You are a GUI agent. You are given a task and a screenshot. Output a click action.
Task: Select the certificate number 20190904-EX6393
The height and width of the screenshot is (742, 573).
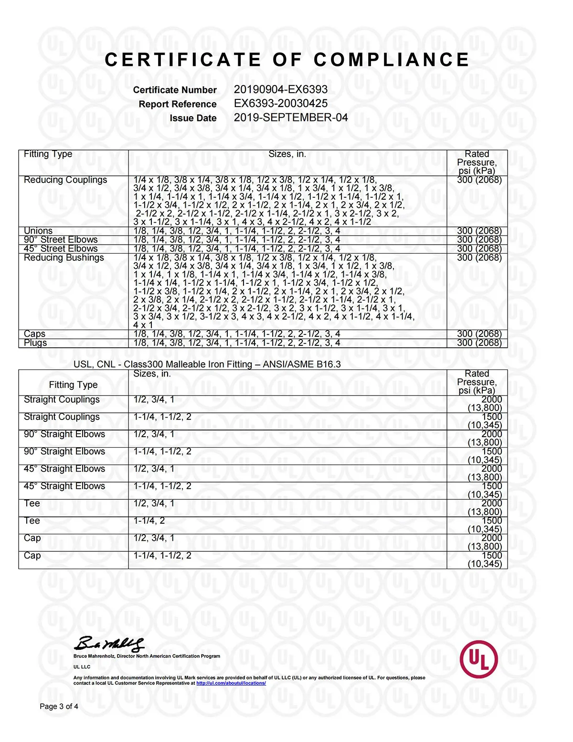[280, 89]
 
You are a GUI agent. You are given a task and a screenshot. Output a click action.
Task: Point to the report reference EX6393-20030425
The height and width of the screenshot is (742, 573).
[280, 103]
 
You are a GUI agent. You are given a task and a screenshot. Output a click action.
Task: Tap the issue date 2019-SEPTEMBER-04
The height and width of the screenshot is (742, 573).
[290, 118]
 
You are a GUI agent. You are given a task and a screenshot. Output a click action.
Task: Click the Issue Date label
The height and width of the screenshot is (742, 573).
[193, 118]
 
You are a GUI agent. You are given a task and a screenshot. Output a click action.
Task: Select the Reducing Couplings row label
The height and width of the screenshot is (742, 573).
[65, 180]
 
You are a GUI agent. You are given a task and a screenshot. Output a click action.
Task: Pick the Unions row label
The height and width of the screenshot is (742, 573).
[38, 231]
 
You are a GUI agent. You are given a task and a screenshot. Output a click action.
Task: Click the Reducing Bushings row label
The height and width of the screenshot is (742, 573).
[64, 258]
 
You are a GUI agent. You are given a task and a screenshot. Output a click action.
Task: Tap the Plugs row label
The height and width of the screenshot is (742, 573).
[35, 343]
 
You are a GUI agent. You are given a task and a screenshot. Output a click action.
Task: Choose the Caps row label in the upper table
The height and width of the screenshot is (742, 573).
[34, 333]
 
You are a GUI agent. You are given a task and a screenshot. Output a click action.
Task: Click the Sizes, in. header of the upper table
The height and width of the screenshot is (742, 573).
[287, 154]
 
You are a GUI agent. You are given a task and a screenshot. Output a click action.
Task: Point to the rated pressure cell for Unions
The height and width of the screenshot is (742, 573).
[479, 231]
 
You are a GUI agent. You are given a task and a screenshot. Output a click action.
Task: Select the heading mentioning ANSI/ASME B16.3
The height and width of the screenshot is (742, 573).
[207, 364]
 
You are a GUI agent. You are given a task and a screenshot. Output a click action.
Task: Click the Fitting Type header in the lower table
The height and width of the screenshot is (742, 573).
[73, 385]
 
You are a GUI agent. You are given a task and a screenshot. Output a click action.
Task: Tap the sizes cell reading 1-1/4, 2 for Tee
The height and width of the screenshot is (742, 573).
[149, 520]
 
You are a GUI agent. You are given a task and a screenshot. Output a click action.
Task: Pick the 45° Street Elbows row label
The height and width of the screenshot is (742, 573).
[61, 248]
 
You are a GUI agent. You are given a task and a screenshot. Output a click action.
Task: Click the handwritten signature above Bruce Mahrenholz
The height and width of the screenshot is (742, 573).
[109, 644]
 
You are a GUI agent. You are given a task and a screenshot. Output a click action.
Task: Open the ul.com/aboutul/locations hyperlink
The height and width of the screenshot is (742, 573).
[231, 683]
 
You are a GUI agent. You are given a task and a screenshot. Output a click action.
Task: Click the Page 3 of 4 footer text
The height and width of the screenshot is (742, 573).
[59, 706]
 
